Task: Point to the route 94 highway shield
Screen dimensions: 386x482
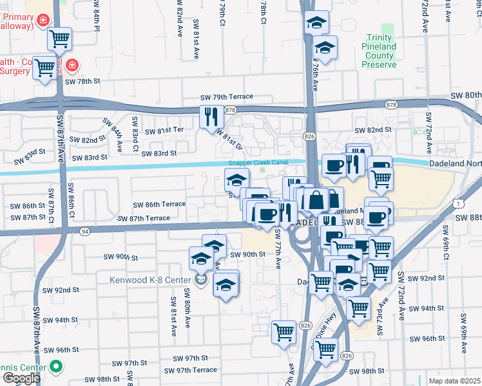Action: tap(84, 230)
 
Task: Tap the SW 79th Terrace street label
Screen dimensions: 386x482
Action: tap(227, 97)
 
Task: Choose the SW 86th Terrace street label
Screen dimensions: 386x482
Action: tap(159, 205)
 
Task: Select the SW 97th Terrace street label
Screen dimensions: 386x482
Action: tap(190, 370)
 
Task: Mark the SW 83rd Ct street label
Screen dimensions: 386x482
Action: tap(135, 130)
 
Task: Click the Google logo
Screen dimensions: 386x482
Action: tap(21, 378)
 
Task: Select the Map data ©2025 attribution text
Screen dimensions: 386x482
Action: tap(455, 381)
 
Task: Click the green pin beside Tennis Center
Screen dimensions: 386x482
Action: tap(56, 368)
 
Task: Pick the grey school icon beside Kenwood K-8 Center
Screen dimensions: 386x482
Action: tap(200, 280)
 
